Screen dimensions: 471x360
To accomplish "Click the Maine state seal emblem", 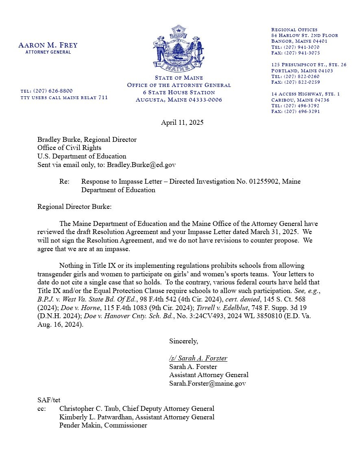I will coord(179,48).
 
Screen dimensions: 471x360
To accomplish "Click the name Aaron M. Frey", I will coord(48,45).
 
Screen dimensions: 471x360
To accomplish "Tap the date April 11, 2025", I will coord(182,122).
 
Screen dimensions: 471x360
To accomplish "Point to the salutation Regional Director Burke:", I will coord(74,206).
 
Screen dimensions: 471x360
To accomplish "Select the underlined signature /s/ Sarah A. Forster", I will coord(198,358).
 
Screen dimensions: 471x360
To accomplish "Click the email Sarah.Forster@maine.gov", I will coord(207,383).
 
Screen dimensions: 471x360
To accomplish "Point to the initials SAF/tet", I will coord(49,400).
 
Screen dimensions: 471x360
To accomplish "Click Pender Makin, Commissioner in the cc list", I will coord(103,425).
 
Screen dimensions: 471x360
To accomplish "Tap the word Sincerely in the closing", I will coord(183,341).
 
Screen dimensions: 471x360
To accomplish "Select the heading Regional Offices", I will coord(294,30).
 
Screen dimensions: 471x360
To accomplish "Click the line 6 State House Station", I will coord(179,92).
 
